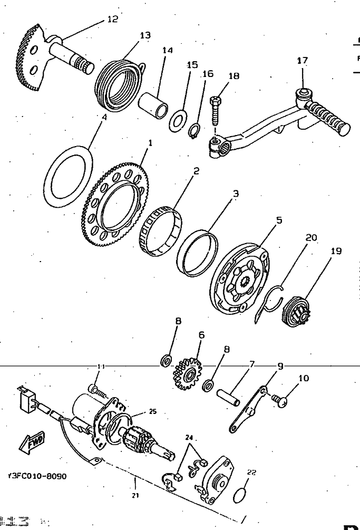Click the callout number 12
[x=112, y=19]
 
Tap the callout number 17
[x=302, y=61]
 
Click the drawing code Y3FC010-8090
[x=37, y=476]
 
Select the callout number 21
[x=135, y=495]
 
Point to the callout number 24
[x=189, y=437]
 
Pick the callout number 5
[x=279, y=220]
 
